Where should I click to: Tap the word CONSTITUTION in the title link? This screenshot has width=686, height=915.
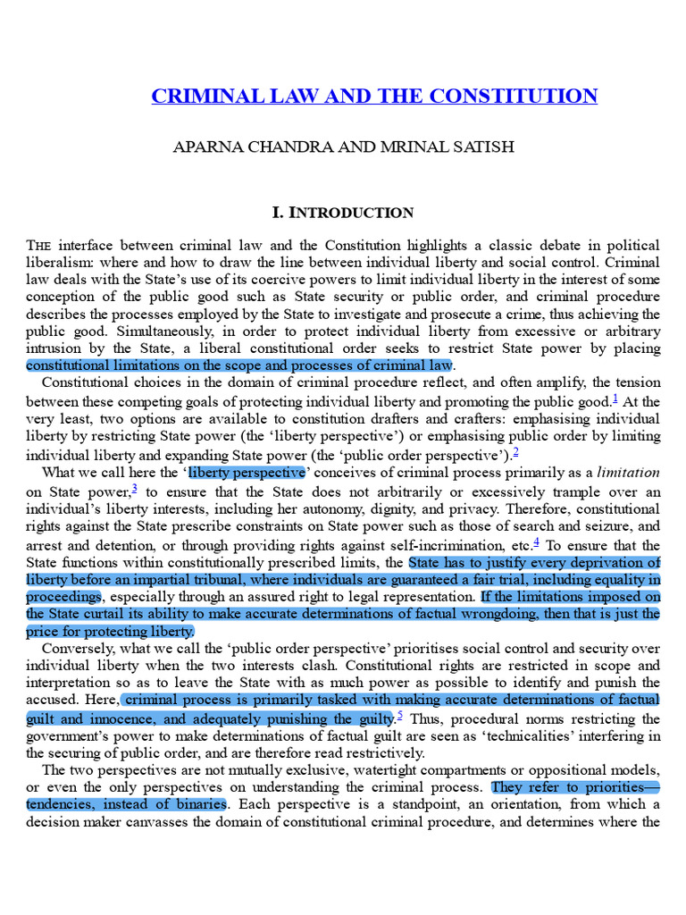[x=522, y=97]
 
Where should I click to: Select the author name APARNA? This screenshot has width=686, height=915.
[x=207, y=147]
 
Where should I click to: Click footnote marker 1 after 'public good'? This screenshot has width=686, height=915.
[x=615, y=399]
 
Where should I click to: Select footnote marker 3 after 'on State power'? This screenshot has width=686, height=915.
[x=134, y=488]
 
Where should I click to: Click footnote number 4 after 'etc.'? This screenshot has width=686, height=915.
[x=536, y=541]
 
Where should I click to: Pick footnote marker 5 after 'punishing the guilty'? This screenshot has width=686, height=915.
[x=399, y=715]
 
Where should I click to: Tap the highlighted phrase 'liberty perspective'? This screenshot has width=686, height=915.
[x=247, y=473]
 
